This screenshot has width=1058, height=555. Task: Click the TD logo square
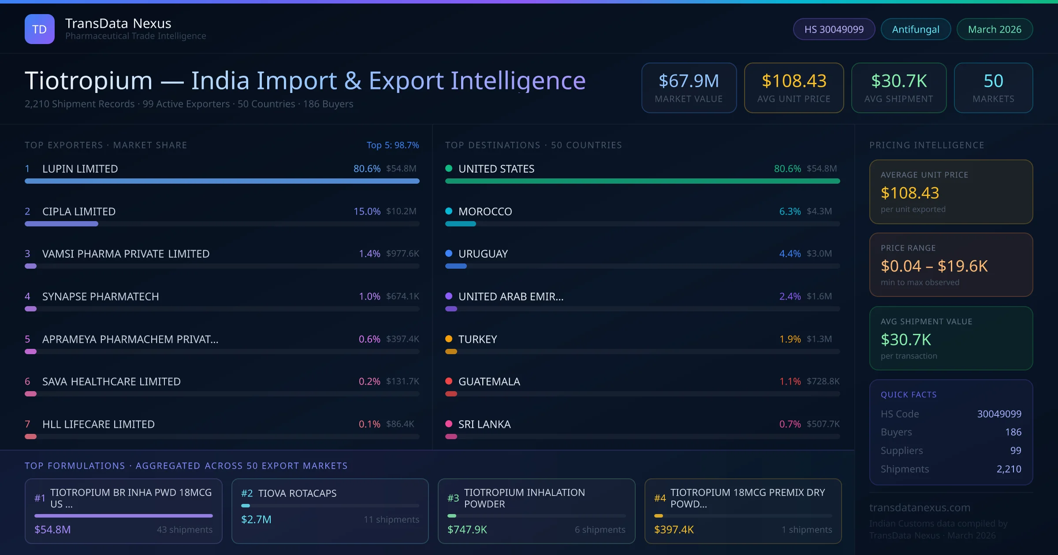click(40, 29)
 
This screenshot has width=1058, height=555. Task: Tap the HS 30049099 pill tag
click(834, 30)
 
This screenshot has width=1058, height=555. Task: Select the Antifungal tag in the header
click(916, 30)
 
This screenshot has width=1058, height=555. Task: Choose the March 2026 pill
click(995, 30)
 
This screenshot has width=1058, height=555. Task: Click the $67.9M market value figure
click(689, 81)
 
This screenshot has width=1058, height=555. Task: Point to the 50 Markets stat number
click(993, 81)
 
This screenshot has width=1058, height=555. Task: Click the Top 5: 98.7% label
click(392, 145)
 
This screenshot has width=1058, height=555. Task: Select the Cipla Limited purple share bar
click(61, 224)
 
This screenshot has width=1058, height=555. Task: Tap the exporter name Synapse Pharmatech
click(101, 296)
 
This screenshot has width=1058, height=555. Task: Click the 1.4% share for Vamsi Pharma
click(369, 254)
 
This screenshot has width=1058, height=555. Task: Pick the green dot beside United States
click(449, 168)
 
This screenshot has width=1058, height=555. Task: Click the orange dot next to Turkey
click(449, 339)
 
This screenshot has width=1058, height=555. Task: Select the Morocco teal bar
click(460, 224)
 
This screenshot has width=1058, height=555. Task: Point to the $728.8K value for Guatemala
click(823, 381)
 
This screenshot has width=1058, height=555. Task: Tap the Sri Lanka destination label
click(484, 424)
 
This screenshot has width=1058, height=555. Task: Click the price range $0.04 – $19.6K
click(934, 266)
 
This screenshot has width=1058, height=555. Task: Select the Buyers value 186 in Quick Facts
click(1013, 432)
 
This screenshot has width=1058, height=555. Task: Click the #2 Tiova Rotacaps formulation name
click(297, 493)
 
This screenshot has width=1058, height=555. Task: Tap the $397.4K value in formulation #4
click(674, 529)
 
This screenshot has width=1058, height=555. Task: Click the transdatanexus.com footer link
click(920, 507)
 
